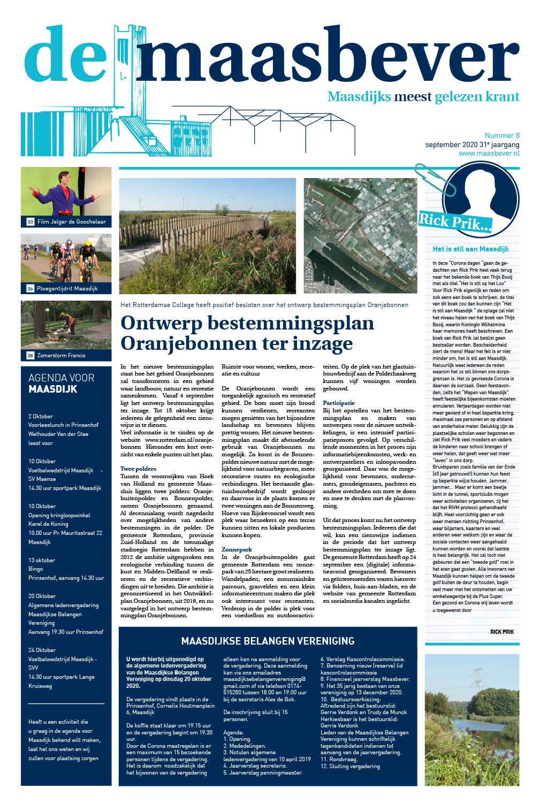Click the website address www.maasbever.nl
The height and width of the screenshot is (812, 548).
pos(489,154)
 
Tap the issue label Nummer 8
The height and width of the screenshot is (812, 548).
pos(502,136)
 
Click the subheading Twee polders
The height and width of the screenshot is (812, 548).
pos(138,469)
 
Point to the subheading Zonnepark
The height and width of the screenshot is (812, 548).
pos(237,549)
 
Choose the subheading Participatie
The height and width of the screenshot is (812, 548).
pos(339,403)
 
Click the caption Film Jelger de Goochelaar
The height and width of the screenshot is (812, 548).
pos(71,221)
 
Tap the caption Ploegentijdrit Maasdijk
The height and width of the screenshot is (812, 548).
pos(67,288)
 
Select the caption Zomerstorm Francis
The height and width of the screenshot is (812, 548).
pos(61,355)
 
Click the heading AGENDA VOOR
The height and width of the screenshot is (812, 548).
pos(61,378)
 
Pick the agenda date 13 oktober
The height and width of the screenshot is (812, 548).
pos(42,560)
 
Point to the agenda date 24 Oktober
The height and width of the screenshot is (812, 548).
pos(42,650)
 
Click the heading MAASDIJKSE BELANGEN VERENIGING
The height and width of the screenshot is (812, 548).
pos(268,641)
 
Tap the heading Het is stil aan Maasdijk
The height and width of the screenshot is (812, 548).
pos(470,249)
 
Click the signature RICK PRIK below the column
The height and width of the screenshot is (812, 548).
pos(501,632)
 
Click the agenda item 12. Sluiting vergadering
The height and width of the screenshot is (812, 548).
pos(350,766)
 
